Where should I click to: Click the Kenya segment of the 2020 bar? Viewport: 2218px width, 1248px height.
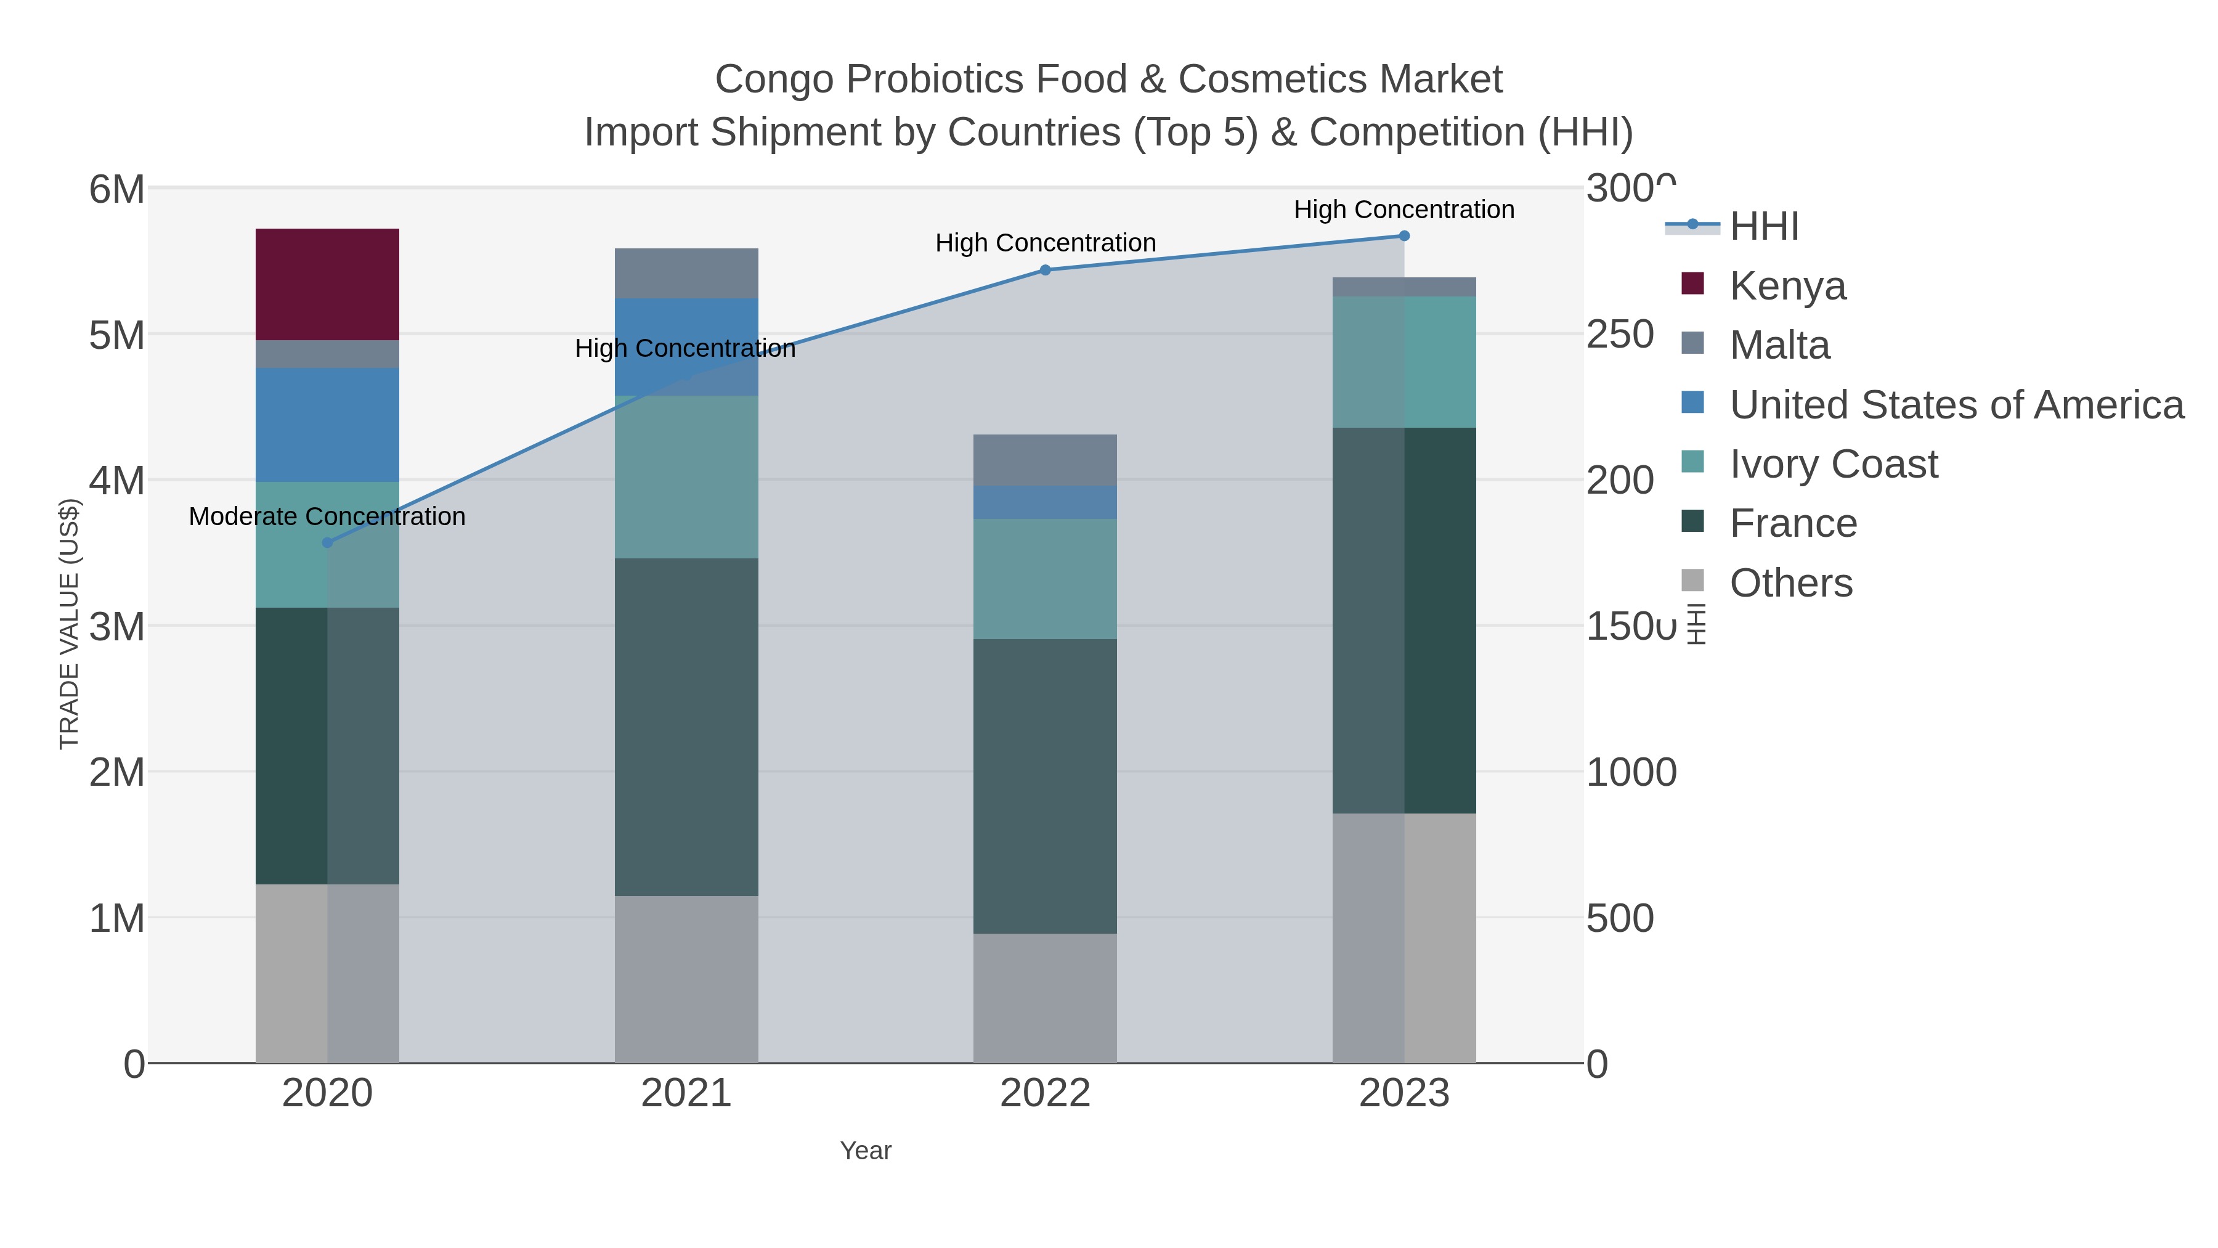327,284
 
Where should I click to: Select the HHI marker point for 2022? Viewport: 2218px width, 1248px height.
1046,269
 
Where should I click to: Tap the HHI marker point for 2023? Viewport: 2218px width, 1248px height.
1404,236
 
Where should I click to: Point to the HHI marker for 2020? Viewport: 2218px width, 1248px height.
327,542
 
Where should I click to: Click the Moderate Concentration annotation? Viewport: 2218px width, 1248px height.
327,517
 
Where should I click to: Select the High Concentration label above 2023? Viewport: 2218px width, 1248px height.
1404,210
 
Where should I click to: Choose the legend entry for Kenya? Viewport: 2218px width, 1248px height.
1787,286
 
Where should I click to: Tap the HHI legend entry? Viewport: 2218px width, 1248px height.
1763,227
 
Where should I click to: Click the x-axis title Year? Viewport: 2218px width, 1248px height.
866,1151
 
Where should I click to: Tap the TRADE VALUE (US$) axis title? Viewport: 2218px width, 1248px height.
69,624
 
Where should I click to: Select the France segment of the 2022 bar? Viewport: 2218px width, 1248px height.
1046,786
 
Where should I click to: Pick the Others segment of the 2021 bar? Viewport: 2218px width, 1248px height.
686,979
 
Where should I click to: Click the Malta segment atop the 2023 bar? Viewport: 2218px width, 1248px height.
1404,287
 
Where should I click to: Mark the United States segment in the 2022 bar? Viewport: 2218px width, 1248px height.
1046,502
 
